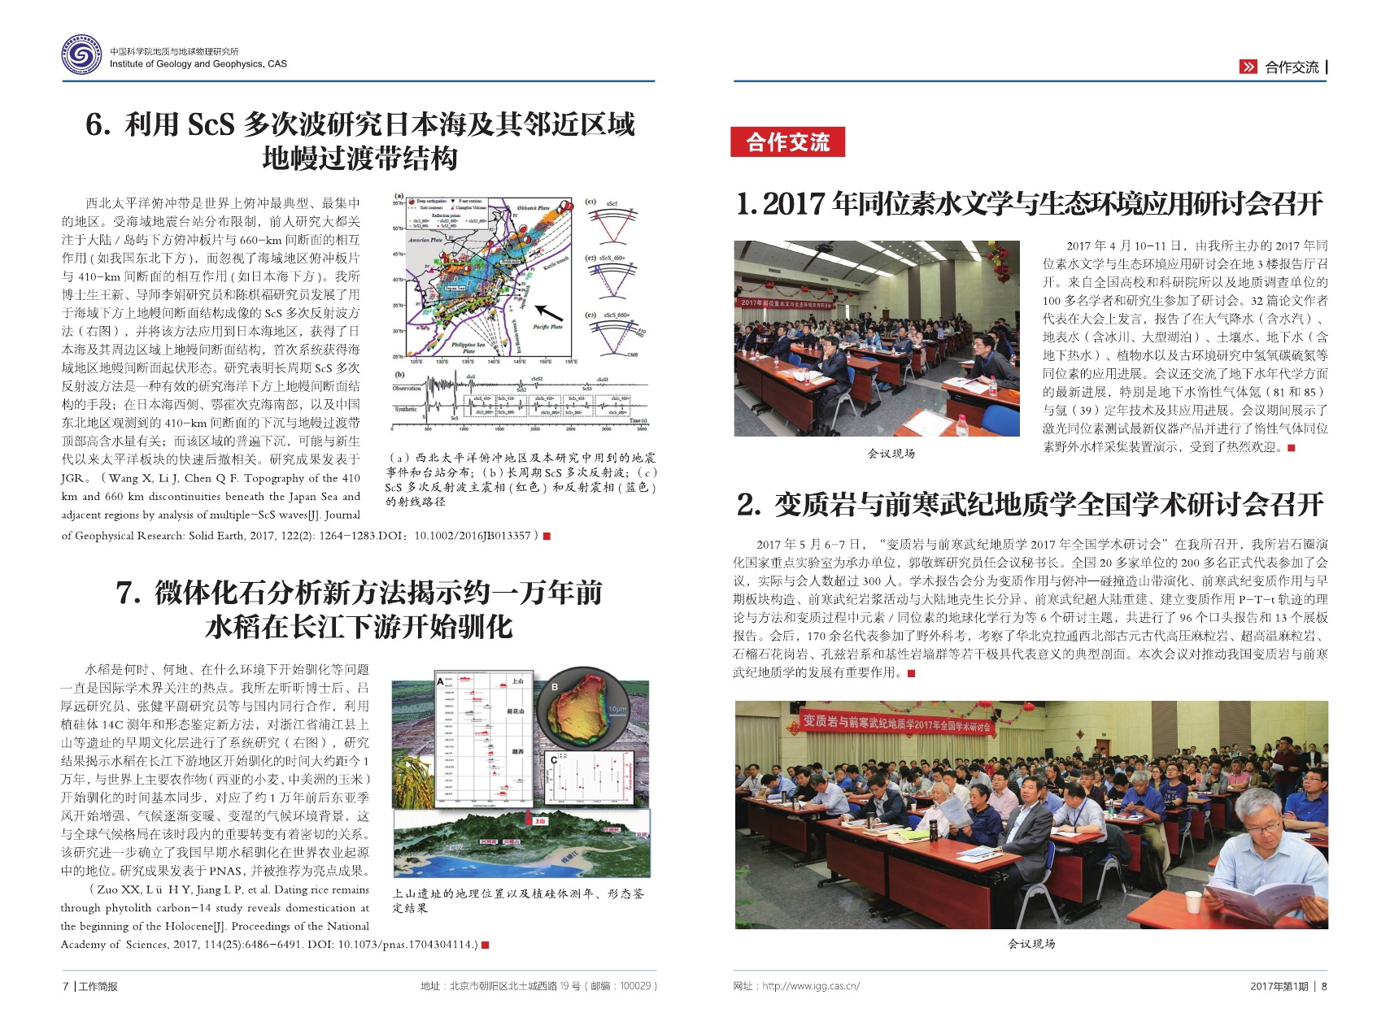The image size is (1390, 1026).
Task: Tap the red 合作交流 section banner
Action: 787,142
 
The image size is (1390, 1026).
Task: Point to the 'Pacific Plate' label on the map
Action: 547,327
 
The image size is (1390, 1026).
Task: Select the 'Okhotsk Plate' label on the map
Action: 533,209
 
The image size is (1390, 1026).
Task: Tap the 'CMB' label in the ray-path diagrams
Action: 632,354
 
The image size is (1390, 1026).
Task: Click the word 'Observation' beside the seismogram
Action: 407,388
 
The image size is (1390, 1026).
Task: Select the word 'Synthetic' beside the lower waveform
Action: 406,409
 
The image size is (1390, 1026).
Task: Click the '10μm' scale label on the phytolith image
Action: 617,709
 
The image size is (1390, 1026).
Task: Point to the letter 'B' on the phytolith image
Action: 555,687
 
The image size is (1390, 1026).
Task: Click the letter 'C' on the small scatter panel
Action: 554,760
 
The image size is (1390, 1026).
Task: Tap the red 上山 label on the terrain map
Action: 539,821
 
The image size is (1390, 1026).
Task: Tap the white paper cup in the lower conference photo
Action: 1192,902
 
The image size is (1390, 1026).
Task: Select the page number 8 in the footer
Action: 1324,986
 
